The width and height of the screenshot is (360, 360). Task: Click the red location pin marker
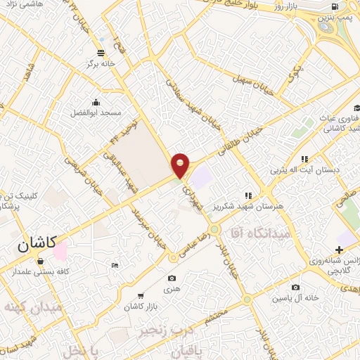[x=181, y=164]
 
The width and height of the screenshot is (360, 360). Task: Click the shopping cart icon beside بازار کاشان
[x=141, y=296]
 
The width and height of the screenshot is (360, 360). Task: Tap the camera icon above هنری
[x=172, y=259]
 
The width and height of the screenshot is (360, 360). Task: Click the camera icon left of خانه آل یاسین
[x=295, y=287]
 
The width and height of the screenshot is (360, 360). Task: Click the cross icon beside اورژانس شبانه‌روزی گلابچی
[x=340, y=250]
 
